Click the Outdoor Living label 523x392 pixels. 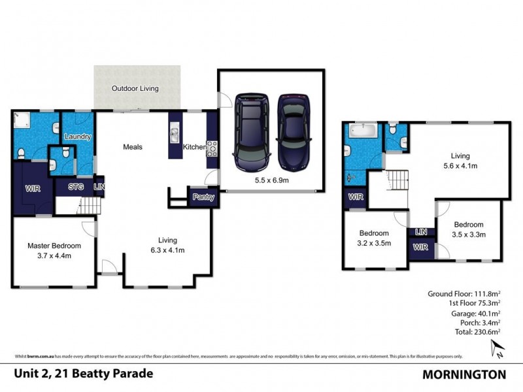tap(135, 88)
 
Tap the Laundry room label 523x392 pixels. tap(77, 137)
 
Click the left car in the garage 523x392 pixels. tap(252, 131)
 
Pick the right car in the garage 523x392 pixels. tap(293, 131)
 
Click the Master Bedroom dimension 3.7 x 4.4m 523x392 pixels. tap(54, 255)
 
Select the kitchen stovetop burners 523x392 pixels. tap(212, 148)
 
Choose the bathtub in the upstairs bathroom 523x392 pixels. tap(362, 130)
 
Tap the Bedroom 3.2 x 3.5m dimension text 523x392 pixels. tap(374, 243)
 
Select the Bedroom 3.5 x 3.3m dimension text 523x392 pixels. tap(468, 234)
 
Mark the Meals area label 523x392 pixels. tap(133, 147)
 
